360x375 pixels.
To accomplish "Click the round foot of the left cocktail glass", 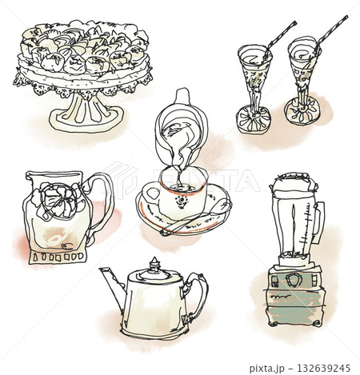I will coord(252,121).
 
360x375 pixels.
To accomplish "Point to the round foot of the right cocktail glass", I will coord(302,112).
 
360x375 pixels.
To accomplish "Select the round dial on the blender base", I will coord(294,280).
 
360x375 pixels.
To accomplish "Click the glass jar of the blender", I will coord(293,224).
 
